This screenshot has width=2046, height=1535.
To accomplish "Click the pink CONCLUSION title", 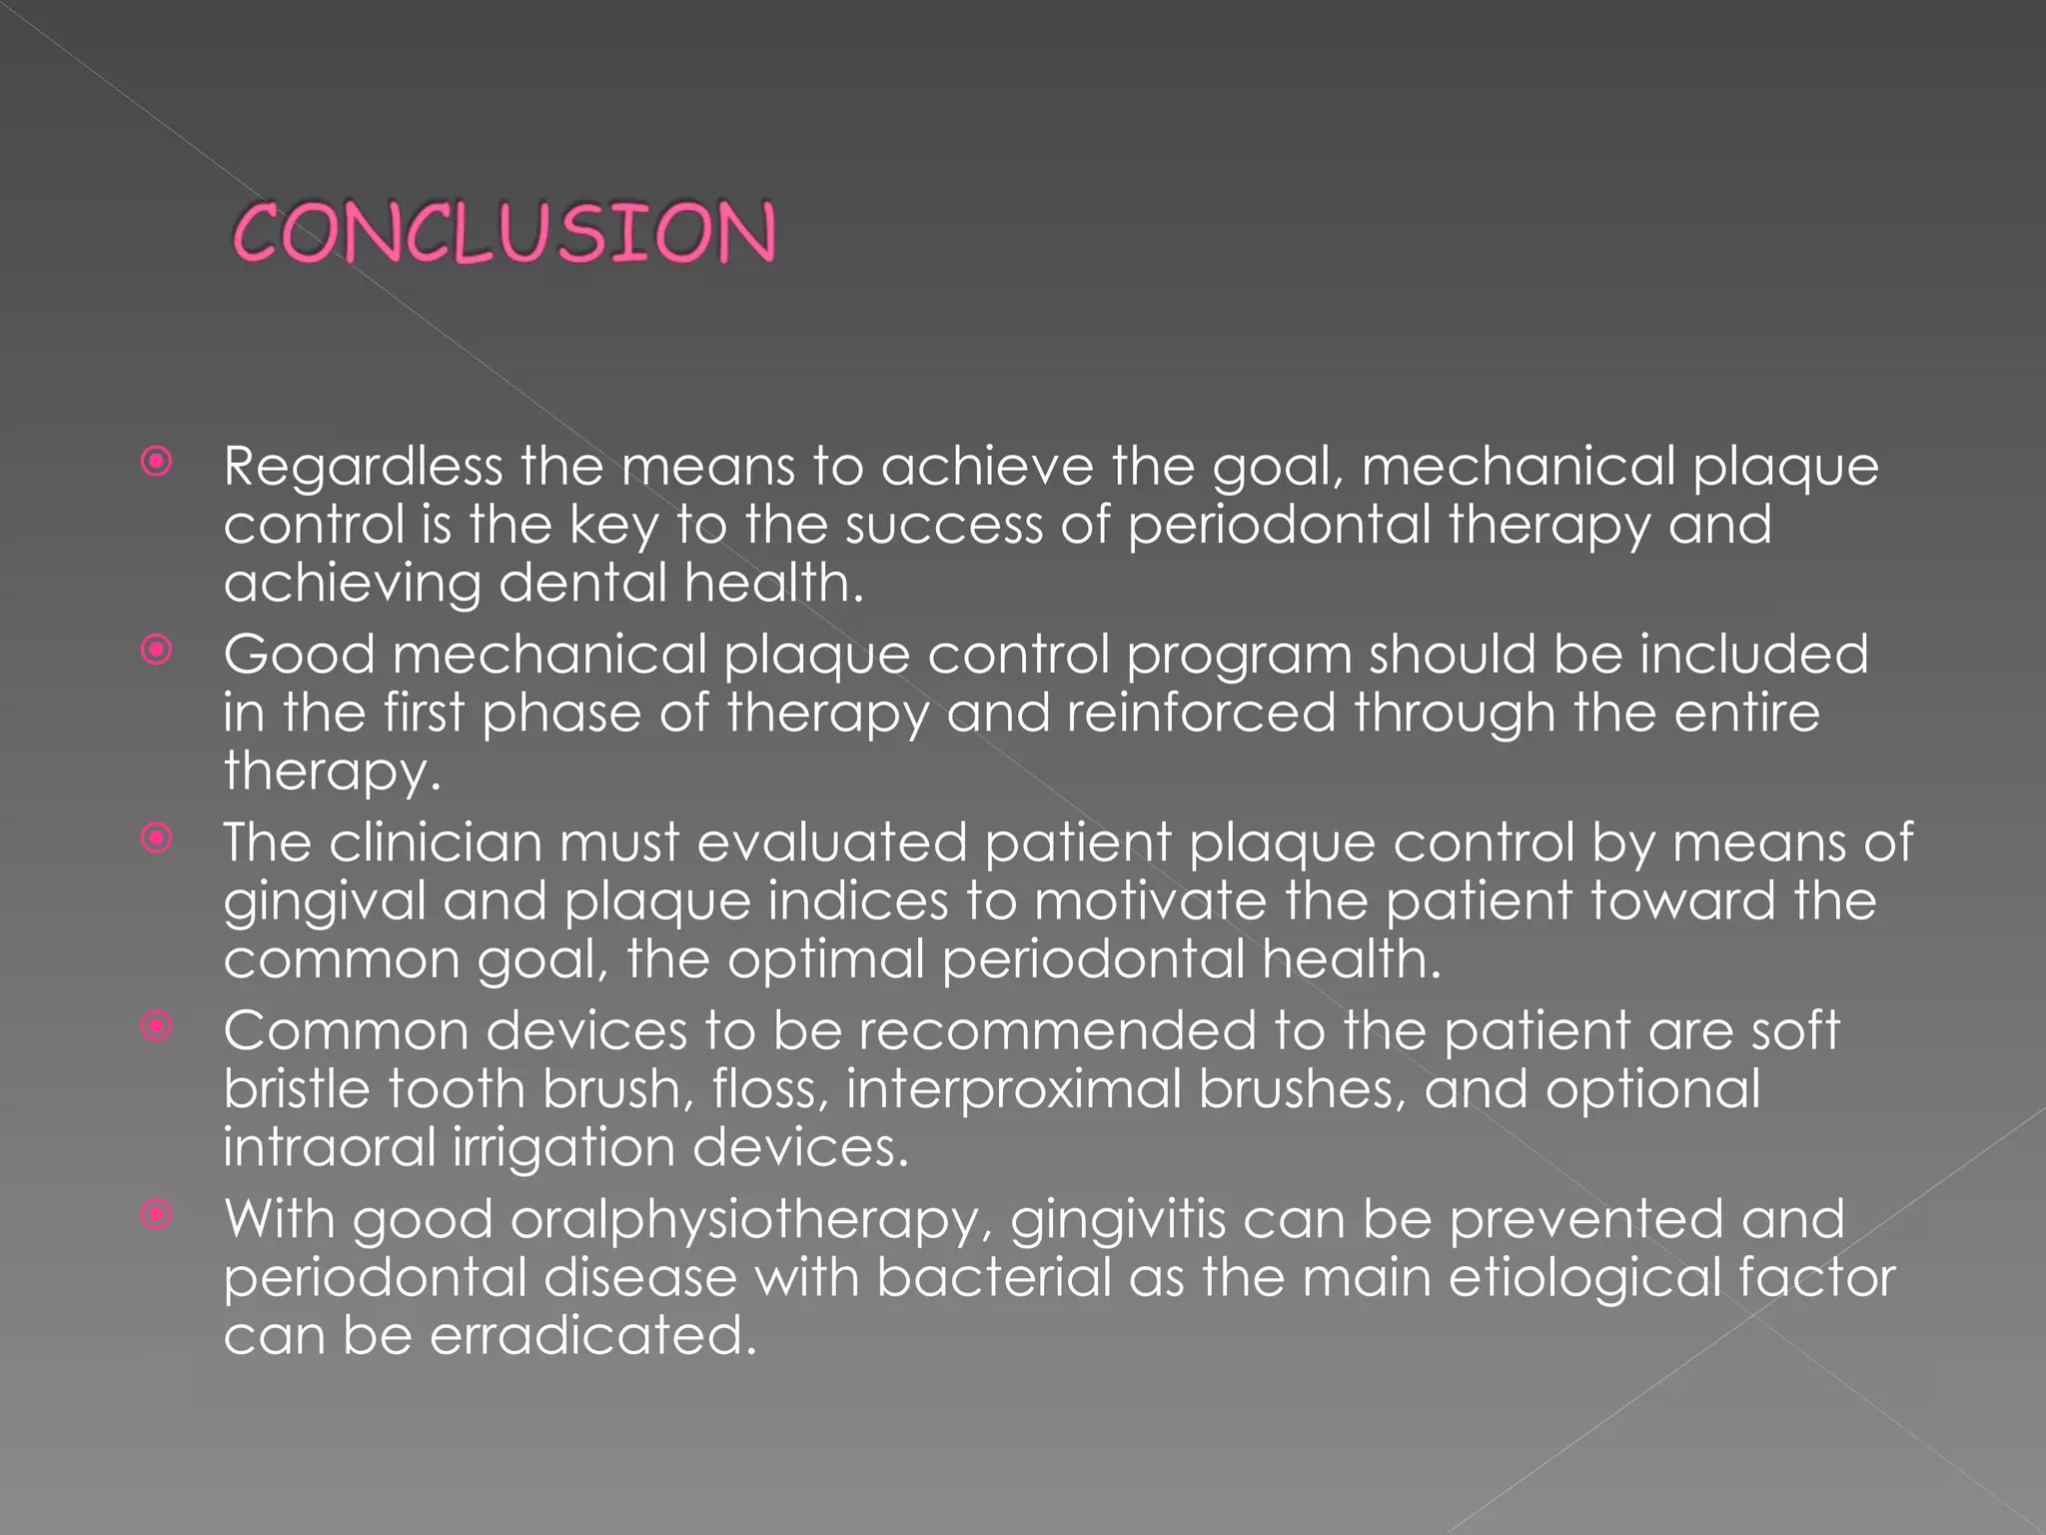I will click(504, 232).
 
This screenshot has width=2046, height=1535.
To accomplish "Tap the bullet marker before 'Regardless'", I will click(157, 463).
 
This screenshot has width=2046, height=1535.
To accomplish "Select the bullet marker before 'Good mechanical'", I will click(157, 651).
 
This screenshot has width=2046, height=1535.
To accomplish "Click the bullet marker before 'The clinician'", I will click(157, 838).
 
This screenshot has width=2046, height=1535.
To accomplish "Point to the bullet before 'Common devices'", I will click(157, 1026).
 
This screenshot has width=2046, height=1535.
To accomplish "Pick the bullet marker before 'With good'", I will click(157, 1214).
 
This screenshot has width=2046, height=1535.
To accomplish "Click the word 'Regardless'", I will click(363, 468).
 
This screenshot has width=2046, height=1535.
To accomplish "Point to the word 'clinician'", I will click(435, 842).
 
